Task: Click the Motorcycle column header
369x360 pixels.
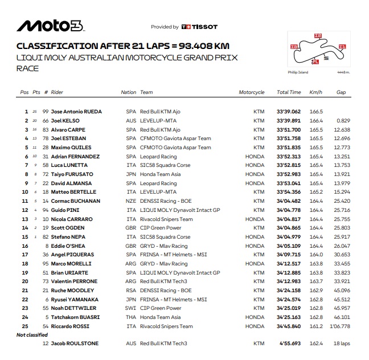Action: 252,92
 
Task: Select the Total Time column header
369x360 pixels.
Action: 289,92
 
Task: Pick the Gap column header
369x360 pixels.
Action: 341,92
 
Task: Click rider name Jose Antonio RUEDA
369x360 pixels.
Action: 76,112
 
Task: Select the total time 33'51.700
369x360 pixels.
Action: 289,130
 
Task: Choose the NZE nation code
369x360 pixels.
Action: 131,201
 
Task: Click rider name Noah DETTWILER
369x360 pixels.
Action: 74,308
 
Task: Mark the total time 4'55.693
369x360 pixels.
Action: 290,343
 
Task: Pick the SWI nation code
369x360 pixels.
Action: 131,308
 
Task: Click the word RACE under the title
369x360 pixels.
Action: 27,68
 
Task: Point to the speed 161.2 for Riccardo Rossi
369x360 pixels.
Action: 315,326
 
